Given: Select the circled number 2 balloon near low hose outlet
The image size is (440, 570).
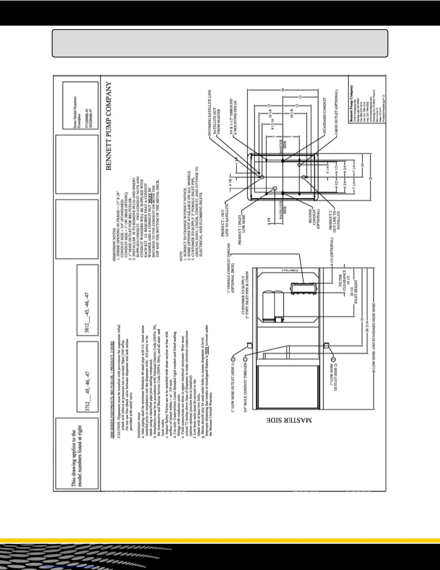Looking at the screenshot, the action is click(333, 359).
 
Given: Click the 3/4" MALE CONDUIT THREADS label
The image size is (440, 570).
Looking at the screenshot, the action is click(245, 389).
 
